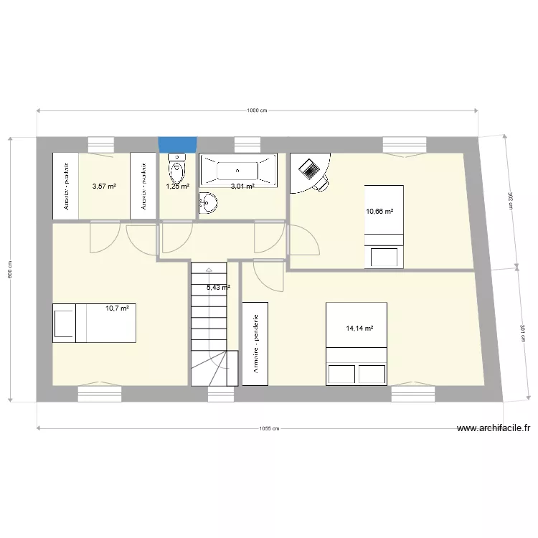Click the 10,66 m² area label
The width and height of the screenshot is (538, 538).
(379, 212)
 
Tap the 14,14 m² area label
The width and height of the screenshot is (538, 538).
(360, 329)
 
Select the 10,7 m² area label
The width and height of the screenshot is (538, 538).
(117, 308)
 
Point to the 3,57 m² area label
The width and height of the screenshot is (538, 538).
(104, 187)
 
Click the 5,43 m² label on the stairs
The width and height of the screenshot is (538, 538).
(218, 288)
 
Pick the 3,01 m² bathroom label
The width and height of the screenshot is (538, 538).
(242, 187)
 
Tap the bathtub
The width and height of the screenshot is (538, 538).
(237, 171)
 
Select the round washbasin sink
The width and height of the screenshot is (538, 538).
(209, 203)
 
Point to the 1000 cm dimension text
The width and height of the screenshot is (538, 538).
(257, 110)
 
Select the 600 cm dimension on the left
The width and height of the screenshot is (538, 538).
(11, 268)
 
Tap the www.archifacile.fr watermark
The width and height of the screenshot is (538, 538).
(494, 429)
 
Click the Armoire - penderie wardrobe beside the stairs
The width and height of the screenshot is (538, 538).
(255, 344)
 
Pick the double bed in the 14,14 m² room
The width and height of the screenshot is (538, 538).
(357, 344)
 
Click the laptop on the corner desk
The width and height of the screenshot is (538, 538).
(311, 170)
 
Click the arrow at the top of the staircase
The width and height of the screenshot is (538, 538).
(208, 270)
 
